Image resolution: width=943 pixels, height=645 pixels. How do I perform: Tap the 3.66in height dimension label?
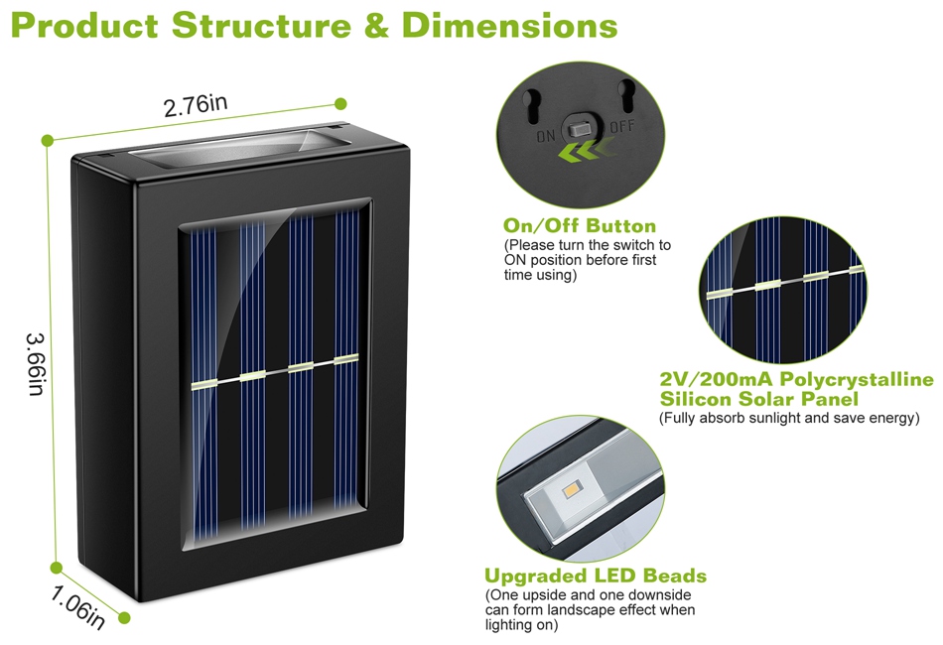[37, 364]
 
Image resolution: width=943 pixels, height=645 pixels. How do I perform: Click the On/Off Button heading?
[580, 226]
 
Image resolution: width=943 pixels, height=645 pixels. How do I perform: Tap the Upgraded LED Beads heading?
[596, 576]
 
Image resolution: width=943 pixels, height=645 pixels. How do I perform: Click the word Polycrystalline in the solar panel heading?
[857, 380]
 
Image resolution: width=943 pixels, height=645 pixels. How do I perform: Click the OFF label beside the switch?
[622, 127]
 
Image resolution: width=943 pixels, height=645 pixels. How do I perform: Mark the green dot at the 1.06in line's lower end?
[125, 618]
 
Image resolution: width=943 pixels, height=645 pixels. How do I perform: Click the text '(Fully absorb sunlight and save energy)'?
[789, 419]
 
